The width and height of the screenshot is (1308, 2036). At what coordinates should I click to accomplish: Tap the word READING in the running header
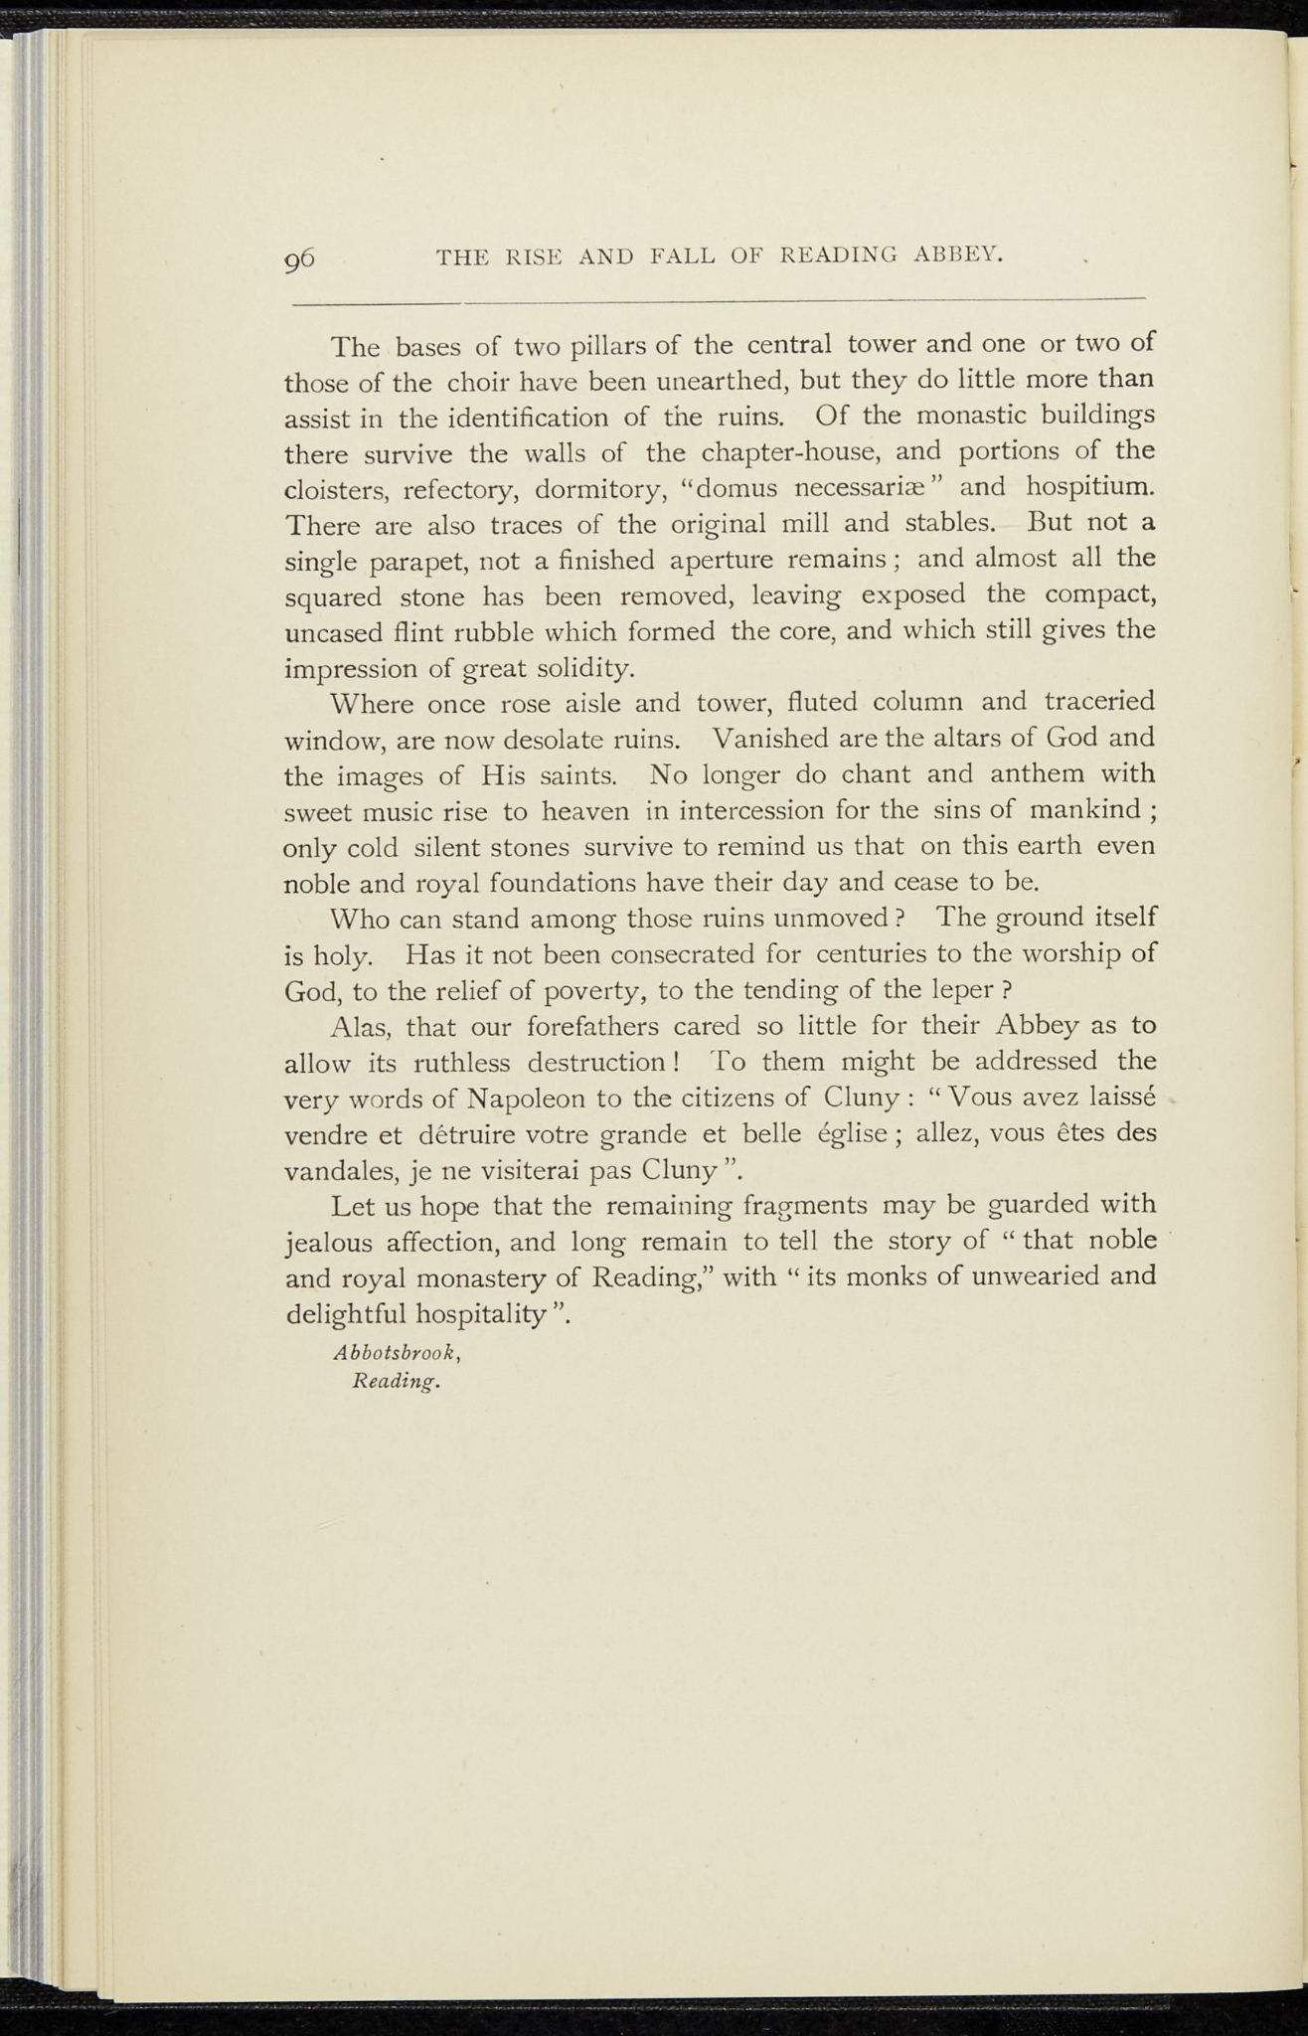pyautogui.click(x=838, y=256)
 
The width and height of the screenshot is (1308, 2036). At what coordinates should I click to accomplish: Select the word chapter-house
pyautogui.click(x=791, y=452)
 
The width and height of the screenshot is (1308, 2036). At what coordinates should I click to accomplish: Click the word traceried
pyautogui.click(x=1100, y=703)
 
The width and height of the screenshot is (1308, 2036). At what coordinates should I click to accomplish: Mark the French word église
pyautogui.click(x=864, y=1134)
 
